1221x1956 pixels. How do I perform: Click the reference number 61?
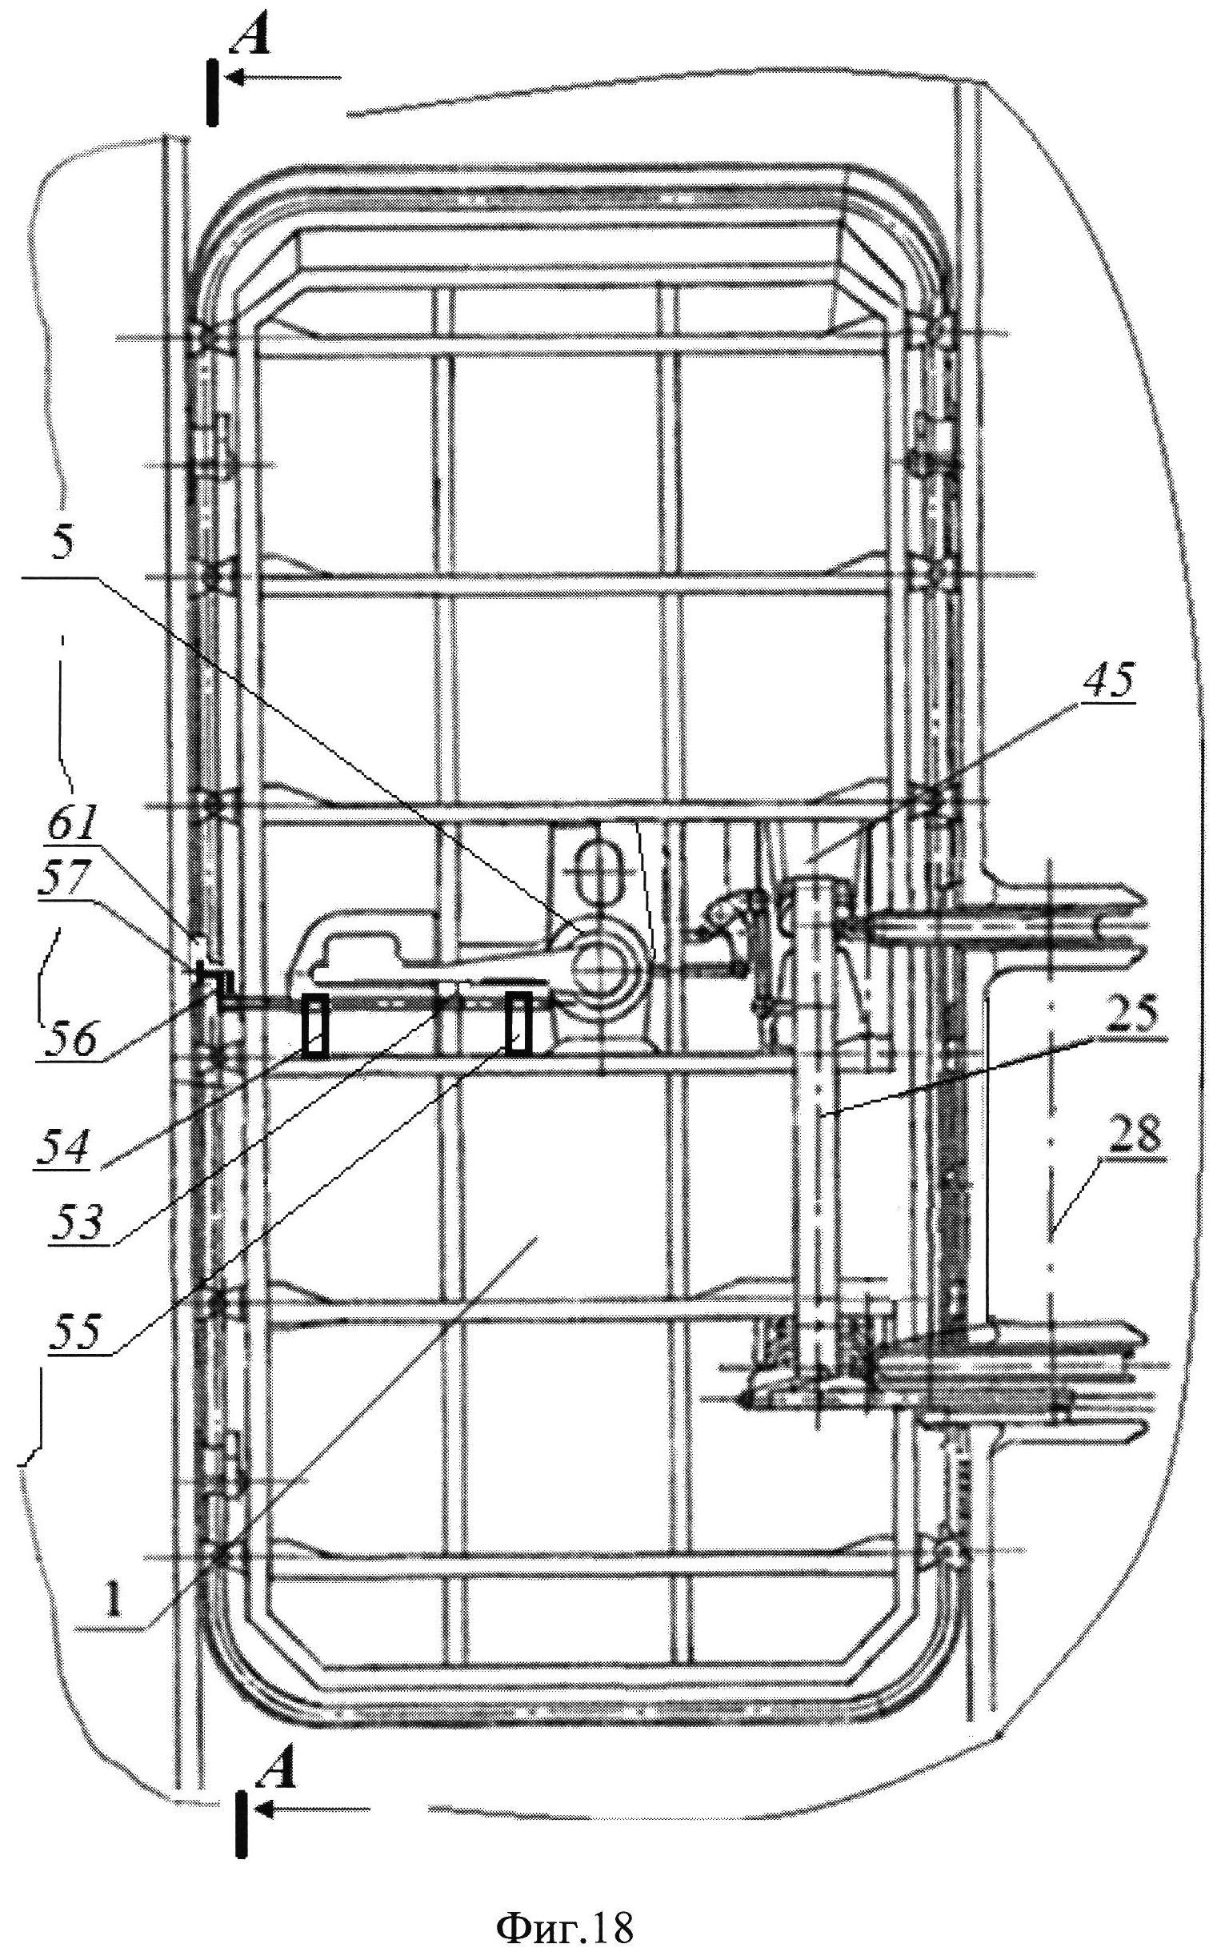tap(71, 826)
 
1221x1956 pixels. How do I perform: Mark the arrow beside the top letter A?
tap(282, 78)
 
